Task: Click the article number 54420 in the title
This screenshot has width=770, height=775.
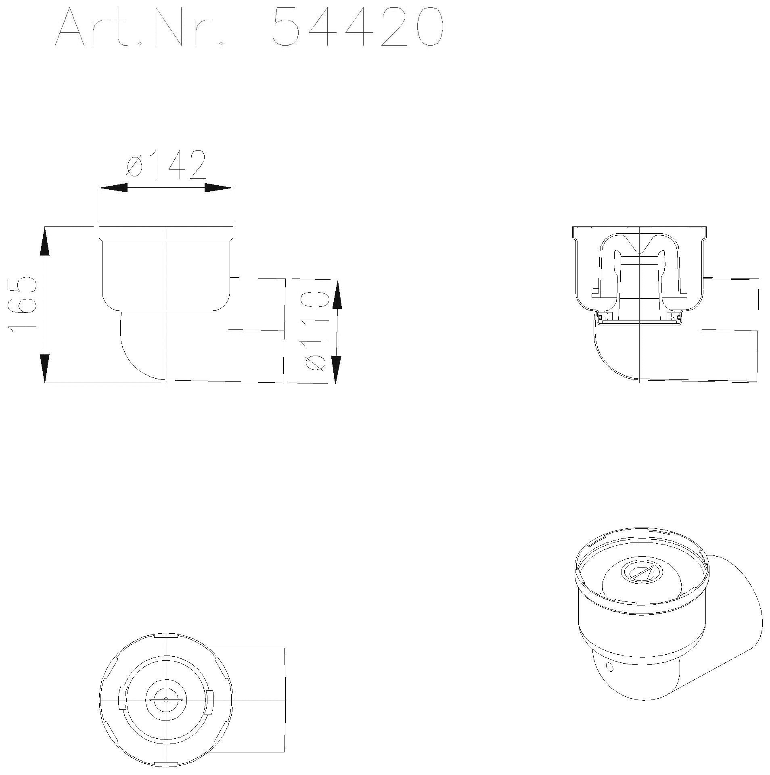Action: (358, 27)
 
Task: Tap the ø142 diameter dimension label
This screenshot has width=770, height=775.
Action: (166, 165)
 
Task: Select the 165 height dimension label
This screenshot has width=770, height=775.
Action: (22, 305)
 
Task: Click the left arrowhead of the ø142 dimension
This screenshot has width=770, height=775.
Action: (113, 188)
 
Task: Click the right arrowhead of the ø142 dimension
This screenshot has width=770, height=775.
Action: (219, 188)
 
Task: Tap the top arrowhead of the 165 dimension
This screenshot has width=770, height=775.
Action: (45, 241)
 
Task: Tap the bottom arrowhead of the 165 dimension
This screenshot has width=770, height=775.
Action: (45, 368)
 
